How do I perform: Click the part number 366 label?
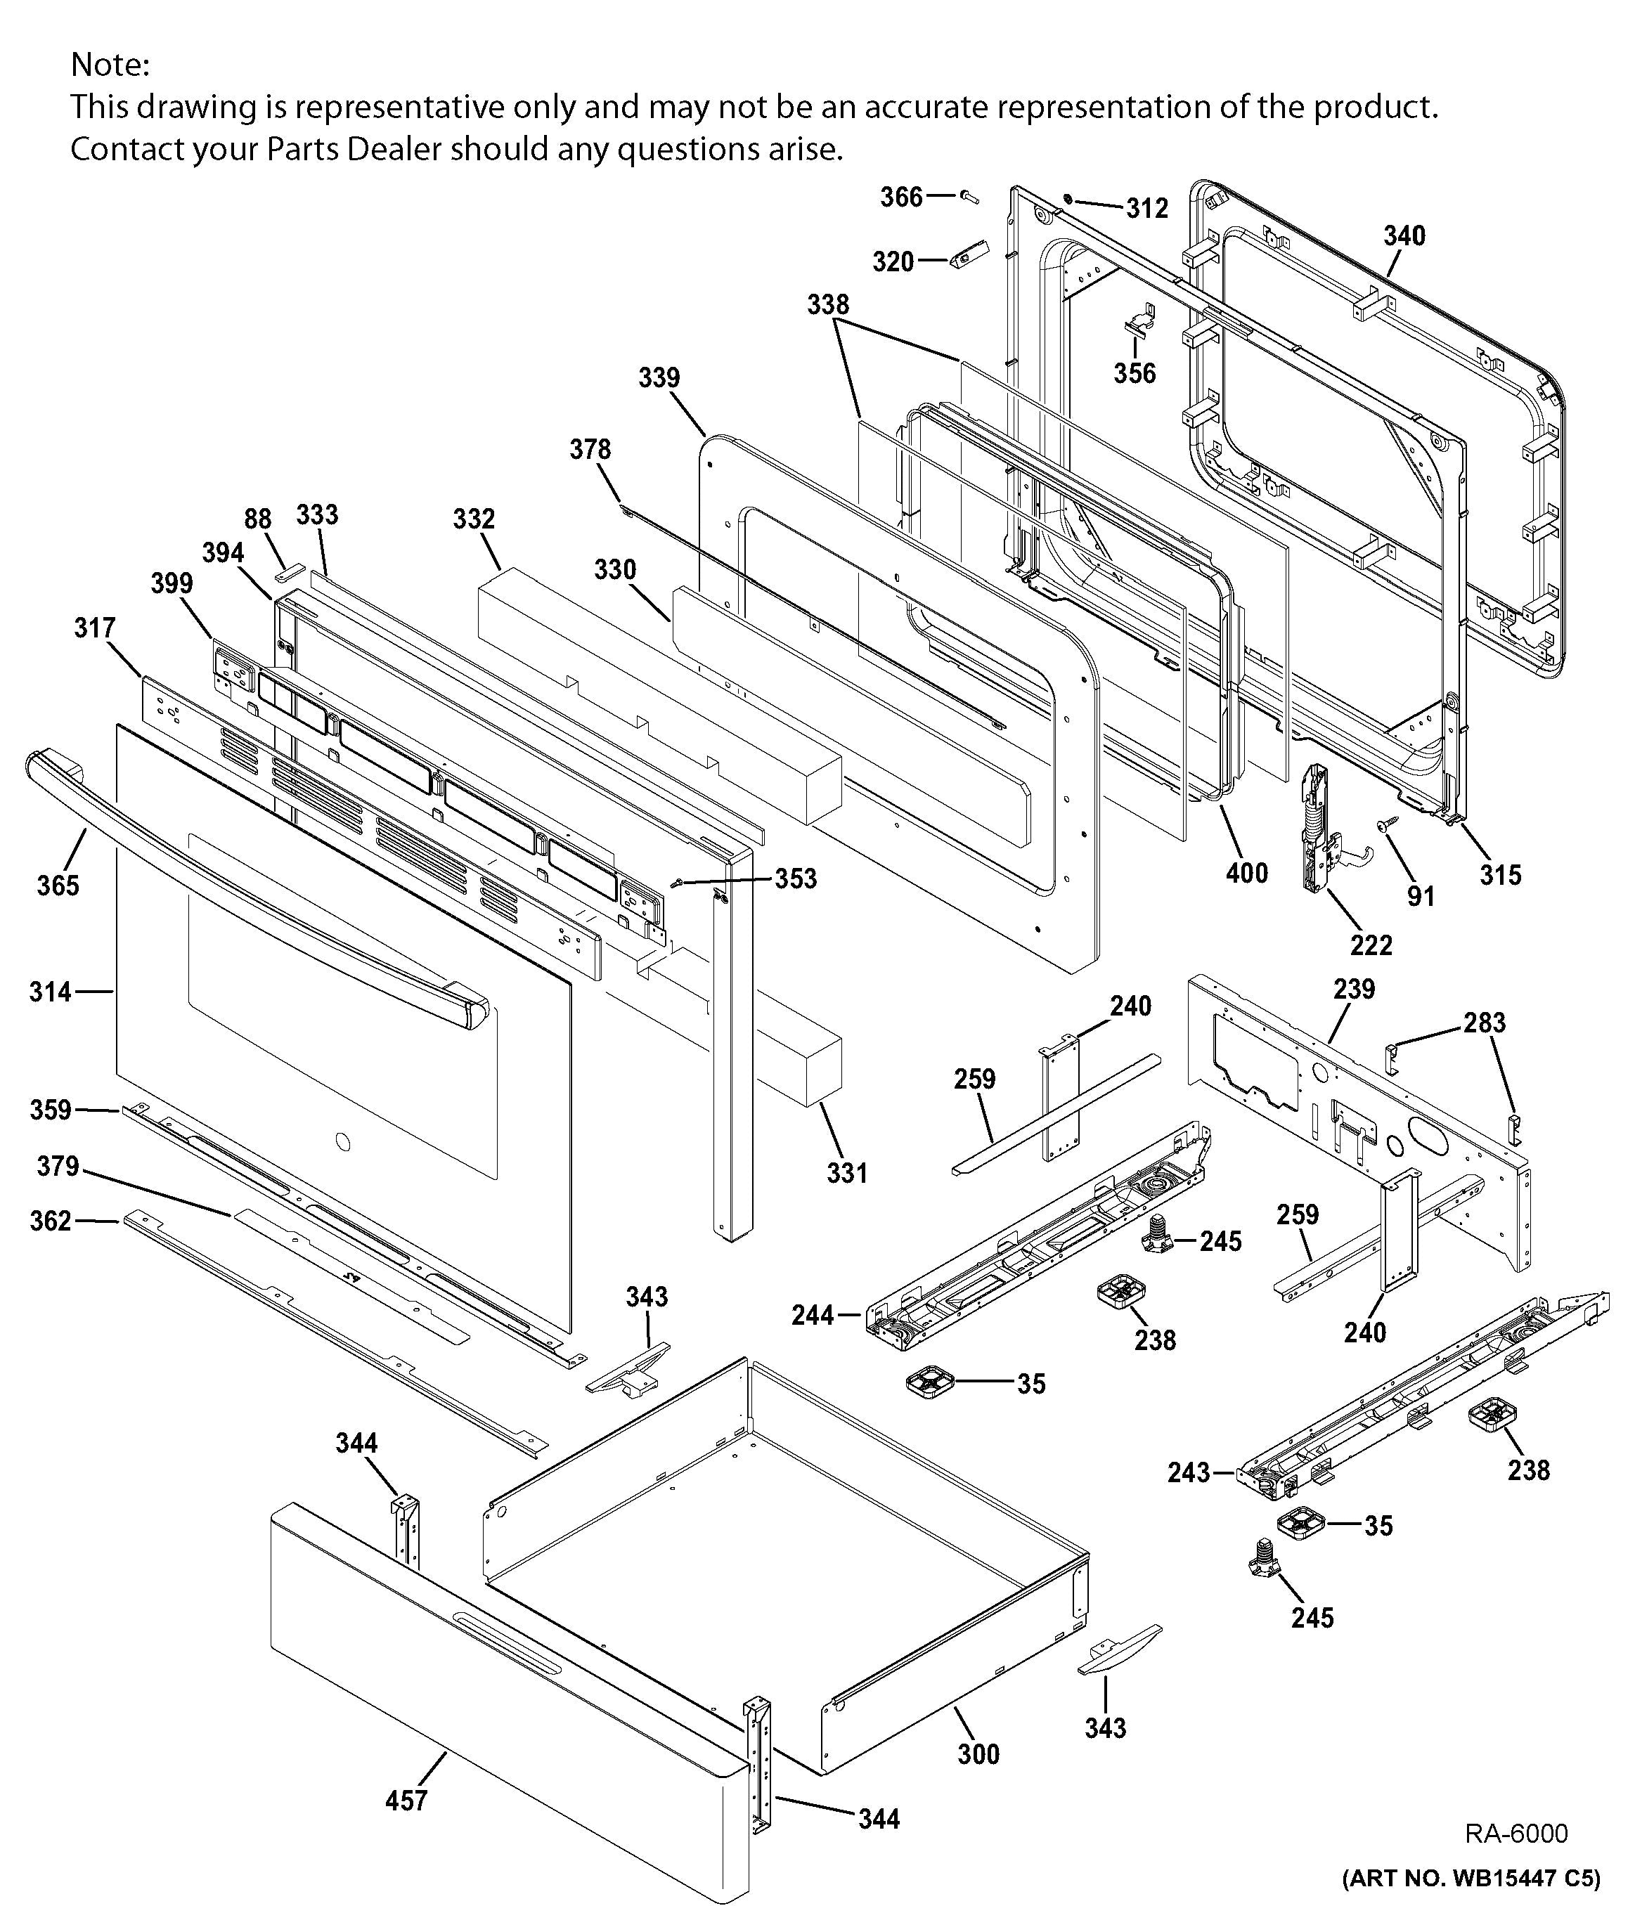900,197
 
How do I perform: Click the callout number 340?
1403,236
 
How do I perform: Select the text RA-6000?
1516,1833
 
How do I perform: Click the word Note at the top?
109,65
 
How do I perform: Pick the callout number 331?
846,1174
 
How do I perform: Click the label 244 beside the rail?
813,1315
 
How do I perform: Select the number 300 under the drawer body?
978,1754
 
